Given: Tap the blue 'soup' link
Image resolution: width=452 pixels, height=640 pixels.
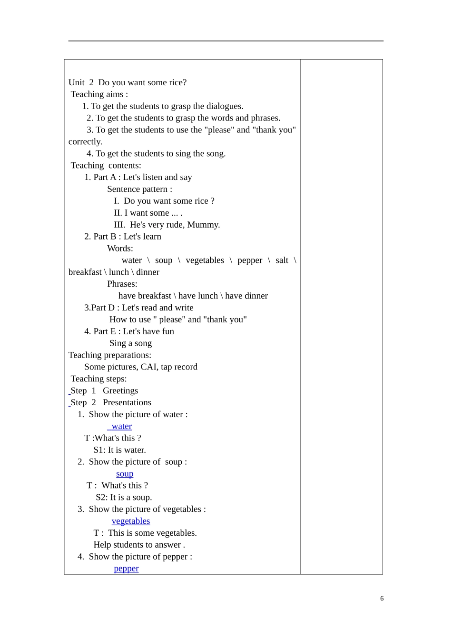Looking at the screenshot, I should coord(125,474).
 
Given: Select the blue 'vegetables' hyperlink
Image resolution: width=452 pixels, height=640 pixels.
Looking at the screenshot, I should coord(131,521).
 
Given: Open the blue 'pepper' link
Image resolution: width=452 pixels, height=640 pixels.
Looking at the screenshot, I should coord(127,569).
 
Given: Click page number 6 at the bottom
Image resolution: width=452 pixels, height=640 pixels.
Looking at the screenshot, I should coord(382,599).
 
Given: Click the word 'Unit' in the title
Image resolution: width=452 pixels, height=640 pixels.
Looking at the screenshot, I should coord(77,82).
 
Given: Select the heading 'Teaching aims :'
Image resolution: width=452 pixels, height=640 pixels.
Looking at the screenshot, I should coord(99,94).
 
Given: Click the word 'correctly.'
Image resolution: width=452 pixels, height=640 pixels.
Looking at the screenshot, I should coord(85,142).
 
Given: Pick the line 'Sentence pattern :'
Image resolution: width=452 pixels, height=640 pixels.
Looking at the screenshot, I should coord(139,189).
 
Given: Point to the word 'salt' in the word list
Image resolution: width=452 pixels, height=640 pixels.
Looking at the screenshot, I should coord(282,260).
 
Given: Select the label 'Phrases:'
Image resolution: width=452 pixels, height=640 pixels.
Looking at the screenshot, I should coord(122,284).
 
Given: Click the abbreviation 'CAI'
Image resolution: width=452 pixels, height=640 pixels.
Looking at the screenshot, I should coord(149,367).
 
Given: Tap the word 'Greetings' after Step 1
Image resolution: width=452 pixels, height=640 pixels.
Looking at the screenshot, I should coord(120,391).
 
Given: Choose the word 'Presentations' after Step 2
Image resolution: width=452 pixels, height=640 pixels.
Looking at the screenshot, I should coord(127,403).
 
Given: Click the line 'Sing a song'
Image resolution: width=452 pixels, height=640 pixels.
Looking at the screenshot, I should coord(130,343).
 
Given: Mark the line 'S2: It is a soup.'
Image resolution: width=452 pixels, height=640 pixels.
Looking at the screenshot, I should coord(124,498).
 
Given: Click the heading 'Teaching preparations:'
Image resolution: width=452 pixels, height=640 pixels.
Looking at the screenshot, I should coord(110,355).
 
